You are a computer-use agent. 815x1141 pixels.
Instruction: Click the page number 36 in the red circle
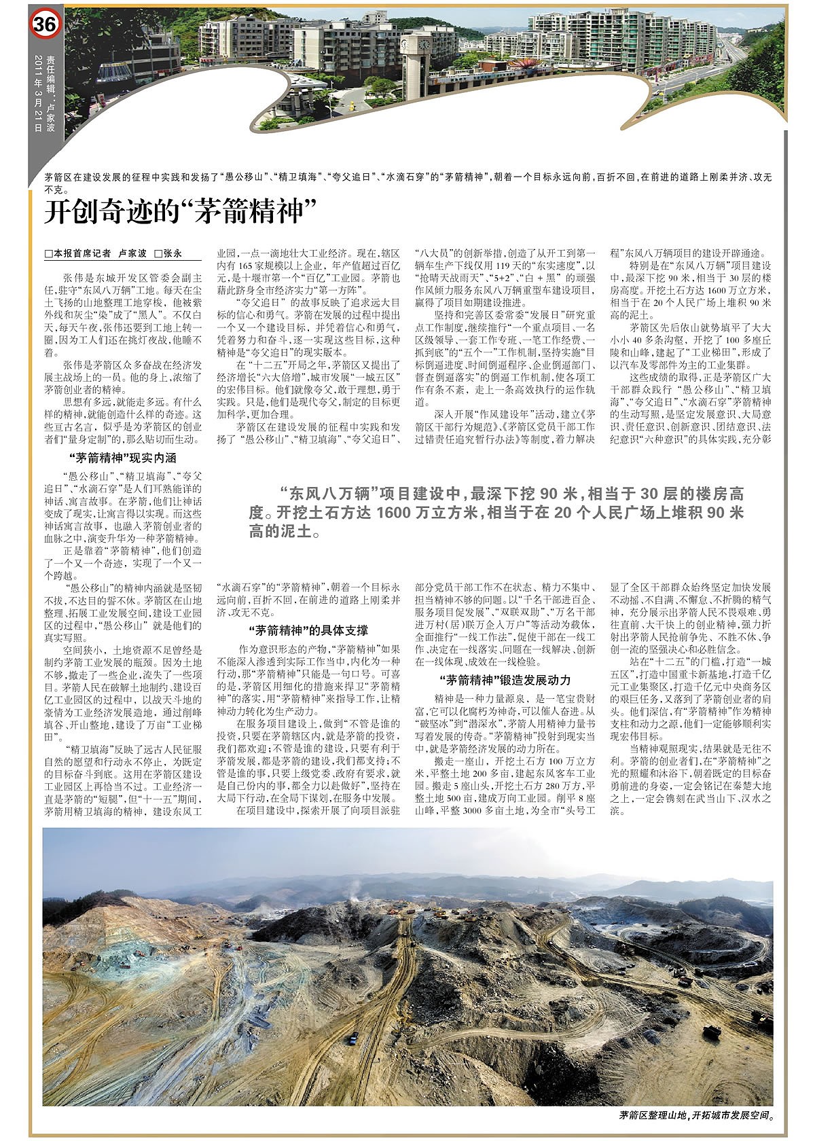45,25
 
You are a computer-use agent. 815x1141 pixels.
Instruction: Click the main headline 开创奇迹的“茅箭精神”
181,211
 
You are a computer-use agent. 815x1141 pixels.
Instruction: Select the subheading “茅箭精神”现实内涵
123,458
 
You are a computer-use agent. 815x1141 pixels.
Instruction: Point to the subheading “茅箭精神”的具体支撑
308,630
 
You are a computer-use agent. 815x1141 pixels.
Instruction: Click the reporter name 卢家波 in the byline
132,253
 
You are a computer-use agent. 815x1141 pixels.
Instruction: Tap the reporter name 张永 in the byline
173,253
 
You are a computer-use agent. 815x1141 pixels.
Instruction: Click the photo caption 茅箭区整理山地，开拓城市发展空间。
696,1115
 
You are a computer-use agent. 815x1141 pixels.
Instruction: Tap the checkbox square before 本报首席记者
48,253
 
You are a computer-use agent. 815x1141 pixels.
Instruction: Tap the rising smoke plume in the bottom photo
356,887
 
